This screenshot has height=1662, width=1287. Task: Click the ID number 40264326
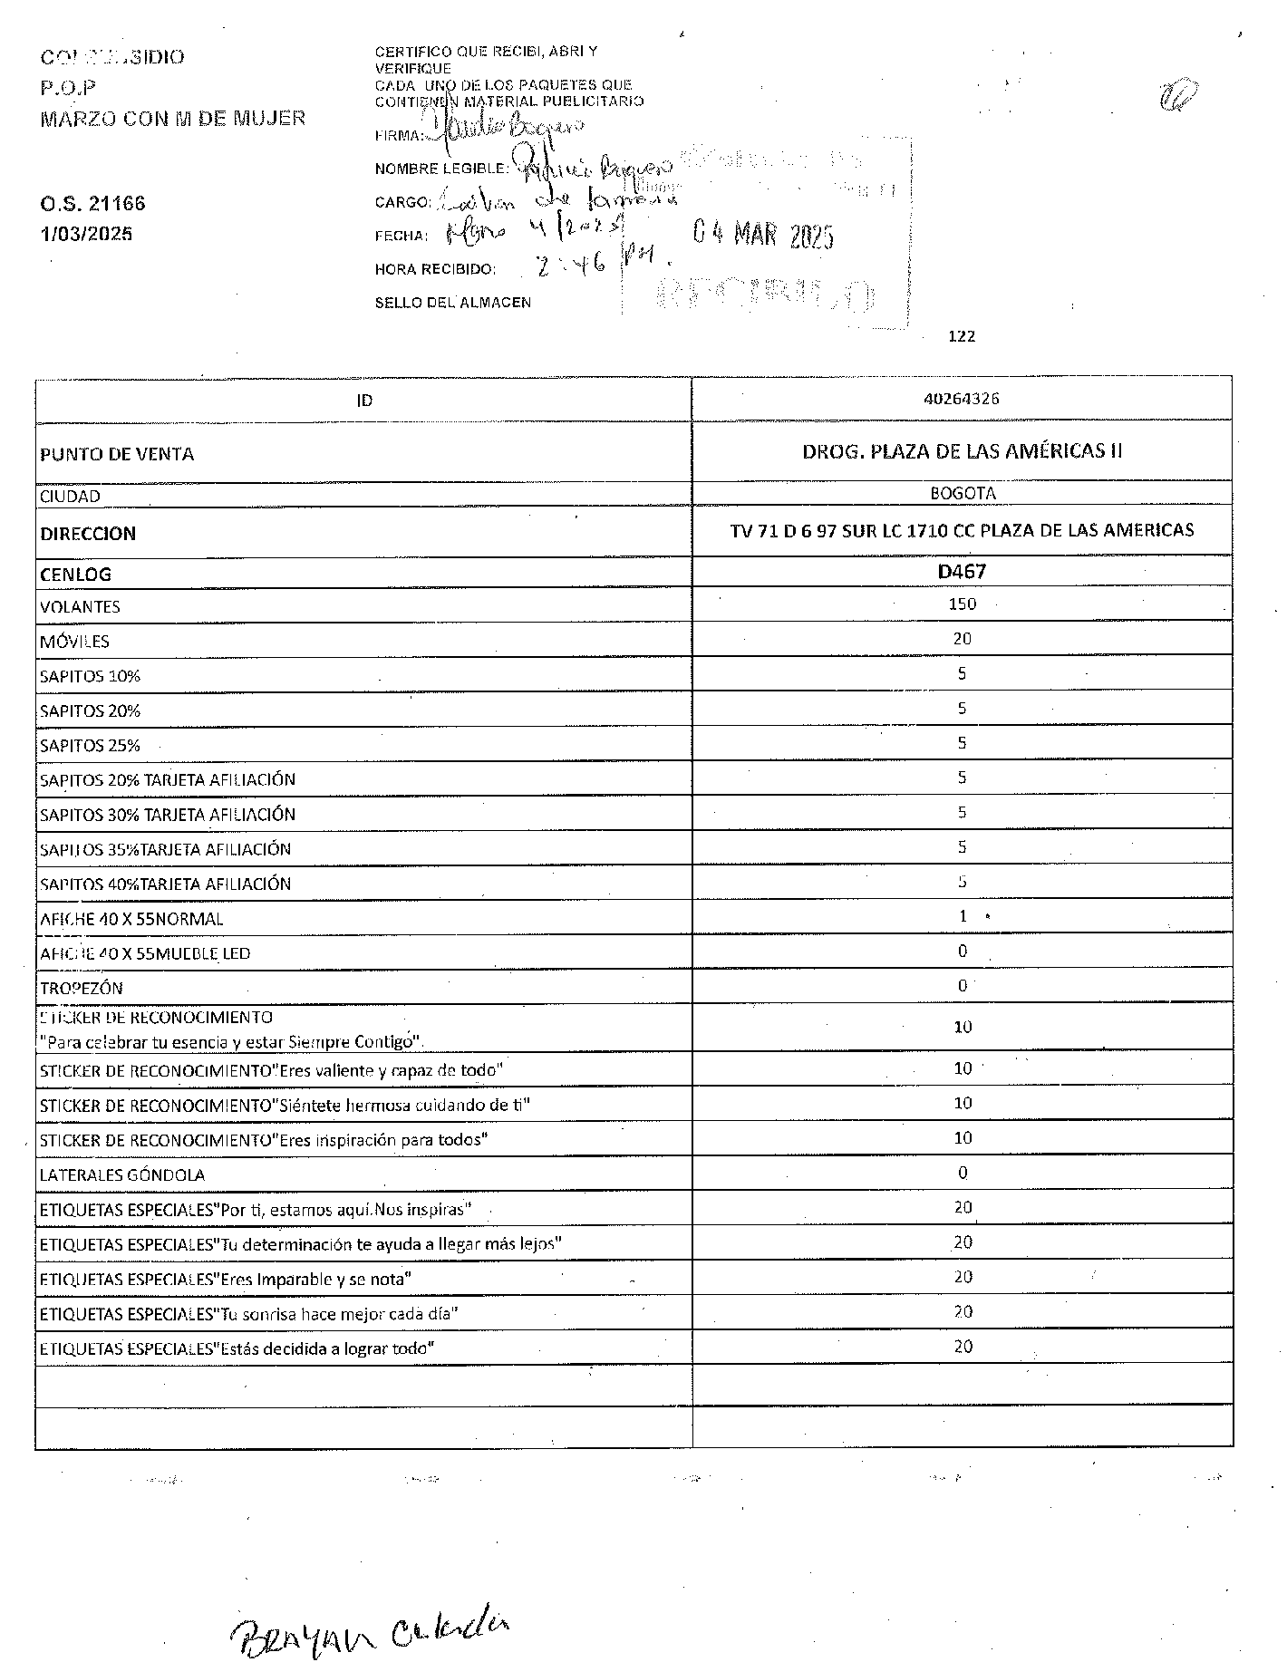962,399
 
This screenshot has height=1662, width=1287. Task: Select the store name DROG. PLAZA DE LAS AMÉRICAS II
962,451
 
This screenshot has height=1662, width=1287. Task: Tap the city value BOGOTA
963,494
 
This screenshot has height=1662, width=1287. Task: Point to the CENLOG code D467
962,572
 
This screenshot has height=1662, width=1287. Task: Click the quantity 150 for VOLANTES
962,604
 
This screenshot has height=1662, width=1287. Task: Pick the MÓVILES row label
74,642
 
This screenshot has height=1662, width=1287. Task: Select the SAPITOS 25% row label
90,746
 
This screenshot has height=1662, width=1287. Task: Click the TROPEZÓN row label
81,988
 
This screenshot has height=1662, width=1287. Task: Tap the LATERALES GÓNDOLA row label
122,1174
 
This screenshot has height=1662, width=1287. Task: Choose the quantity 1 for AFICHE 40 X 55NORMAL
963,916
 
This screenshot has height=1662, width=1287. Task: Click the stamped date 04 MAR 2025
762,236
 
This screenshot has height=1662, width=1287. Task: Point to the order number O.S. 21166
92,203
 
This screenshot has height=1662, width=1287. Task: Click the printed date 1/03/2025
86,234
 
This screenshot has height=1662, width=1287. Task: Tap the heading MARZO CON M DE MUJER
172,118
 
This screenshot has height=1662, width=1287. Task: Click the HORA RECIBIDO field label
435,269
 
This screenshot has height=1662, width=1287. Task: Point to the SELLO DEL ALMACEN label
452,303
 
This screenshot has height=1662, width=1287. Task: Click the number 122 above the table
961,336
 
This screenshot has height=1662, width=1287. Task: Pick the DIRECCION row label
88,534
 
